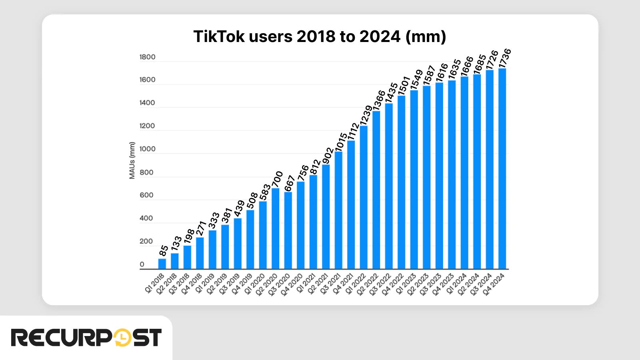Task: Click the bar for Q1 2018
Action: [162, 264]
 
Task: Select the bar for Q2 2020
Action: [276, 229]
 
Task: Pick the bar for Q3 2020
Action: [288, 231]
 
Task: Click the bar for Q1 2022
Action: [364, 198]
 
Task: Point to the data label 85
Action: [164, 251]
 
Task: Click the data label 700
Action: [277, 179]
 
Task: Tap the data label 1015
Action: [341, 142]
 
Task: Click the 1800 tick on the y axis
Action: [147, 57]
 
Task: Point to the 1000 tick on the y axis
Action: [147, 149]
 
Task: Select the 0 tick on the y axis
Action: [142, 264]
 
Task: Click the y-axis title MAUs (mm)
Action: [132, 160]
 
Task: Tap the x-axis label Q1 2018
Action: [155, 283]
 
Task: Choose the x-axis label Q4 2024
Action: [494, 284]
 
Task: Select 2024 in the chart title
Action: [380, 37]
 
